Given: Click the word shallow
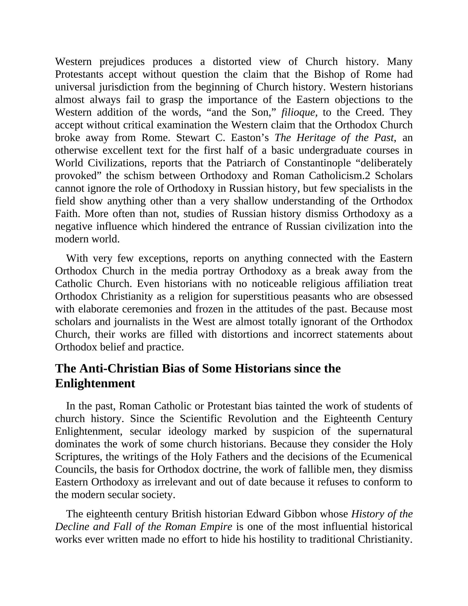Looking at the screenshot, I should click(251, 201).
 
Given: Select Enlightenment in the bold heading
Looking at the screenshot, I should click(95, 384).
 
